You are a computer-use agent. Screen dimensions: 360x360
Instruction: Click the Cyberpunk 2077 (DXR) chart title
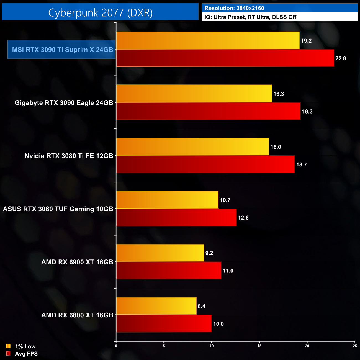[x=100, y=12]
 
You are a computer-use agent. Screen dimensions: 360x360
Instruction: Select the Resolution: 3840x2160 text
[x=234, y=8]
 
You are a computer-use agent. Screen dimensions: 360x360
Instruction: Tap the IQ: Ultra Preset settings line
[x=250, y=17]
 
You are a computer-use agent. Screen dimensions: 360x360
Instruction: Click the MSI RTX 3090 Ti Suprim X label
[x=62, y=50]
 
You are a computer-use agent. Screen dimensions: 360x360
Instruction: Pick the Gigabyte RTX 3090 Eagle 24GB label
[x=64, y=103]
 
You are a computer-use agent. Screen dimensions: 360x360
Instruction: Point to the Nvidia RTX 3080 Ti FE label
[x=69, y=156]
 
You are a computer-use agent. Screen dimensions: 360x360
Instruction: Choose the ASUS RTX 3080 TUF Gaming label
[x=58, y=209]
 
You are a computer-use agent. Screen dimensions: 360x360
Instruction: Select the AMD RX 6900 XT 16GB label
[x=77, y=262]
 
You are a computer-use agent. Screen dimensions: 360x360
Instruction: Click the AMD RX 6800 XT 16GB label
[x=77, y=315]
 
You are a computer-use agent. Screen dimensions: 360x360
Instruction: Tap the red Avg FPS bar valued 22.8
[x=225, y=58]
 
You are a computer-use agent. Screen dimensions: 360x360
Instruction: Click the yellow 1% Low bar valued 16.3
[x=194, y=94]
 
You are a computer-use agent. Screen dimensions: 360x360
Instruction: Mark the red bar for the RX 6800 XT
[x=164, y=323]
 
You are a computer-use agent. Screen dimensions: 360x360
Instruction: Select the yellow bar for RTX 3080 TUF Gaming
[x=167, y=200]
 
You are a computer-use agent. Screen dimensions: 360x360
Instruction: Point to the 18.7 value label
[x=302, y=164]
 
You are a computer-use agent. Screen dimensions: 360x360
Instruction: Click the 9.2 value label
[x=209, y=253]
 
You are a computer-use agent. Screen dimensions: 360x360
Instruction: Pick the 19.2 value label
[x=306, y=41]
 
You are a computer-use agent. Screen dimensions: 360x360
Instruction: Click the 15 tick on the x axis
[x=259, y=346]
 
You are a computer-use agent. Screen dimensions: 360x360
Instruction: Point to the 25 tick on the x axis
[x=355, y=346]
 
